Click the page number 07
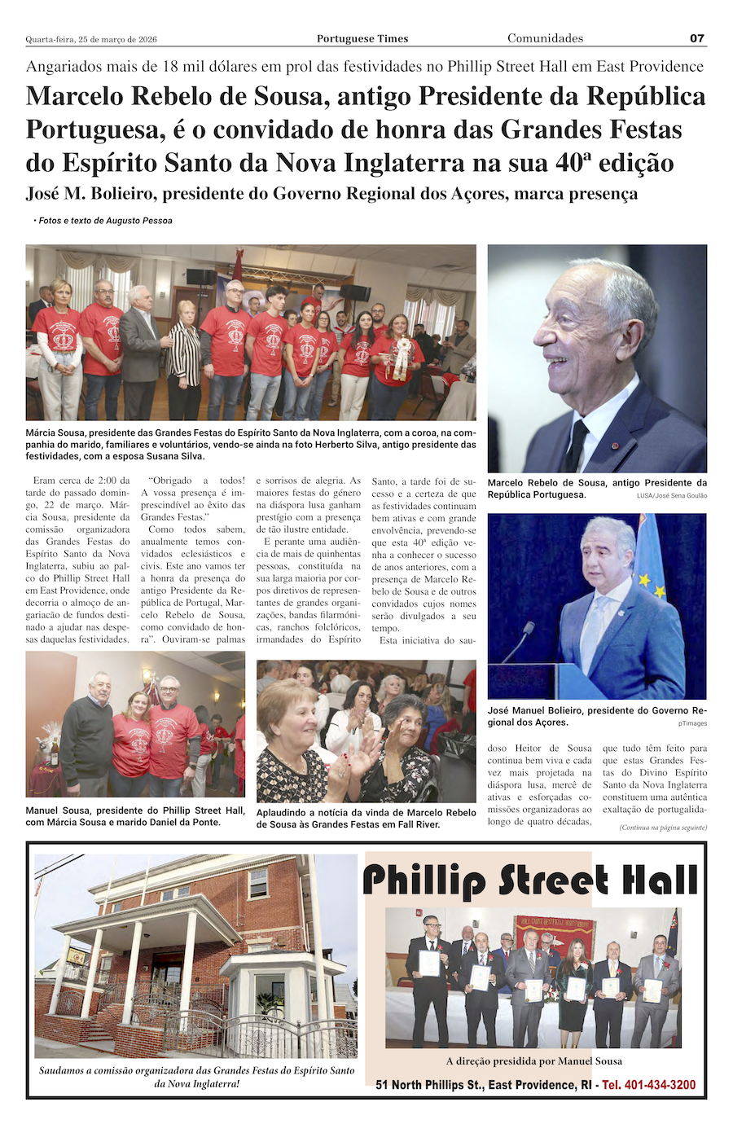click(696, 38)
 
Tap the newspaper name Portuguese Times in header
click(362, 39)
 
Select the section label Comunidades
click(545, 38)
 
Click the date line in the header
click(91, 39)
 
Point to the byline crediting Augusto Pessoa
click(103, 221)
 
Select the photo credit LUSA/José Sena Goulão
click(672, 495)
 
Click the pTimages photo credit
click(692, 723)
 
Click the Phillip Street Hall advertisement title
click(529, 881)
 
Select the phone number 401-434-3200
click(649, 1085)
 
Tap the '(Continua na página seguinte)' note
click(663, 828)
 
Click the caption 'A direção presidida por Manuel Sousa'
click(533, 1061)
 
